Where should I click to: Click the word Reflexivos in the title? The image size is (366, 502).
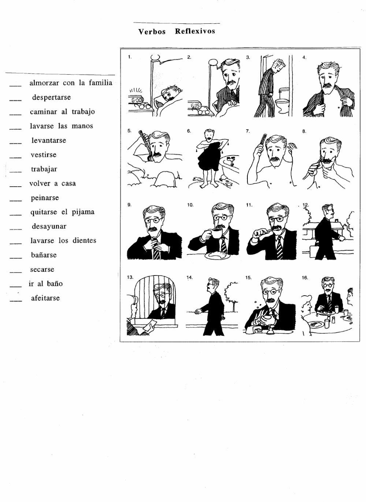195,31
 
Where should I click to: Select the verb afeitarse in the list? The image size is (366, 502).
45,298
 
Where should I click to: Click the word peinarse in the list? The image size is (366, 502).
45,198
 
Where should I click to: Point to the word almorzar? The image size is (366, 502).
44,83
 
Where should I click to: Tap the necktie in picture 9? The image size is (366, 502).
157,251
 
